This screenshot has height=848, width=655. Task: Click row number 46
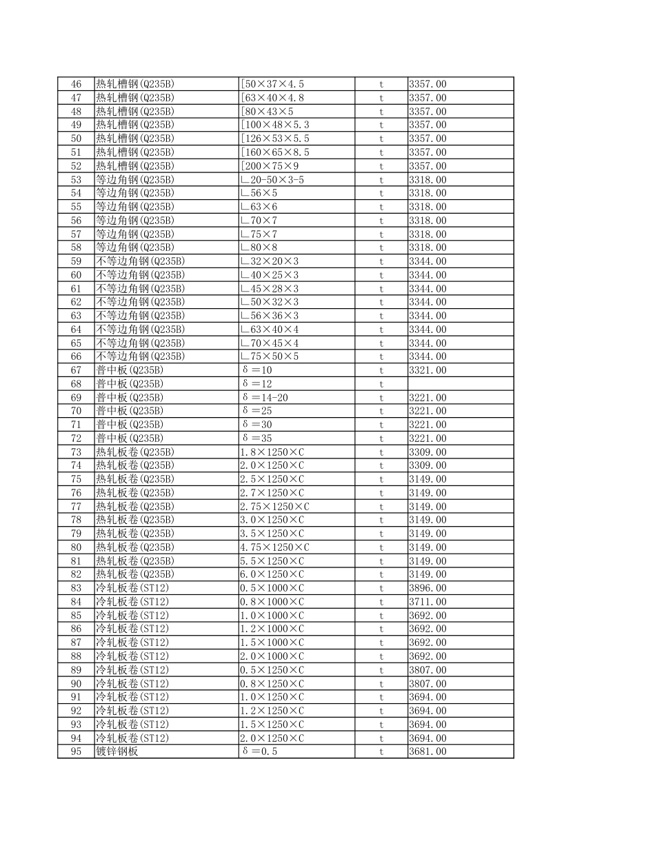[x=76, y=84]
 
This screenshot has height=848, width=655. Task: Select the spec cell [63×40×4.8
[x=272, y=98]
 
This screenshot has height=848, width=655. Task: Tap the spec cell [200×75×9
[x=270, y=166]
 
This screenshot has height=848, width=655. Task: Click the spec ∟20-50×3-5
[x=272, y=180]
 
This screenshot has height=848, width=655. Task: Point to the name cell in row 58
[x=134, y=248]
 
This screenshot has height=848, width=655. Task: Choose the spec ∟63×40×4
[x=270, y=330]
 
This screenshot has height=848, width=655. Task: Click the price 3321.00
[x=427, y=370]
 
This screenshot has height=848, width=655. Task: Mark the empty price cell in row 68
[x=460, y=384]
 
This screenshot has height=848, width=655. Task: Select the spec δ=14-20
[x=265, y=398]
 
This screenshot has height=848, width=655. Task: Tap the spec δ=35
[x=257, y=438]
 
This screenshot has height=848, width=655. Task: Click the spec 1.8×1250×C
[x=272, y=452]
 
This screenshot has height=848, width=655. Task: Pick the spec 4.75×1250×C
[x=274, y=547]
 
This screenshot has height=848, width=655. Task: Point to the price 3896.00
[x=427, y=588]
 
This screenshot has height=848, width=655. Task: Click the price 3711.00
[x=427, y=602]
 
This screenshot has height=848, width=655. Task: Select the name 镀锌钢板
[x=117, y=751]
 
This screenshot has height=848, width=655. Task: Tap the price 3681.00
[x=427, y=751]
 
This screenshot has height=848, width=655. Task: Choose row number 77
[x=76, y=507]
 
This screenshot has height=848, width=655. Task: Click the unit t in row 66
[x=381, y=356]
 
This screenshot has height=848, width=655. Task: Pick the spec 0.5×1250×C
[x=272, y=670]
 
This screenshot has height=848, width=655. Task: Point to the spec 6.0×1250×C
[x=272, y=574]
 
